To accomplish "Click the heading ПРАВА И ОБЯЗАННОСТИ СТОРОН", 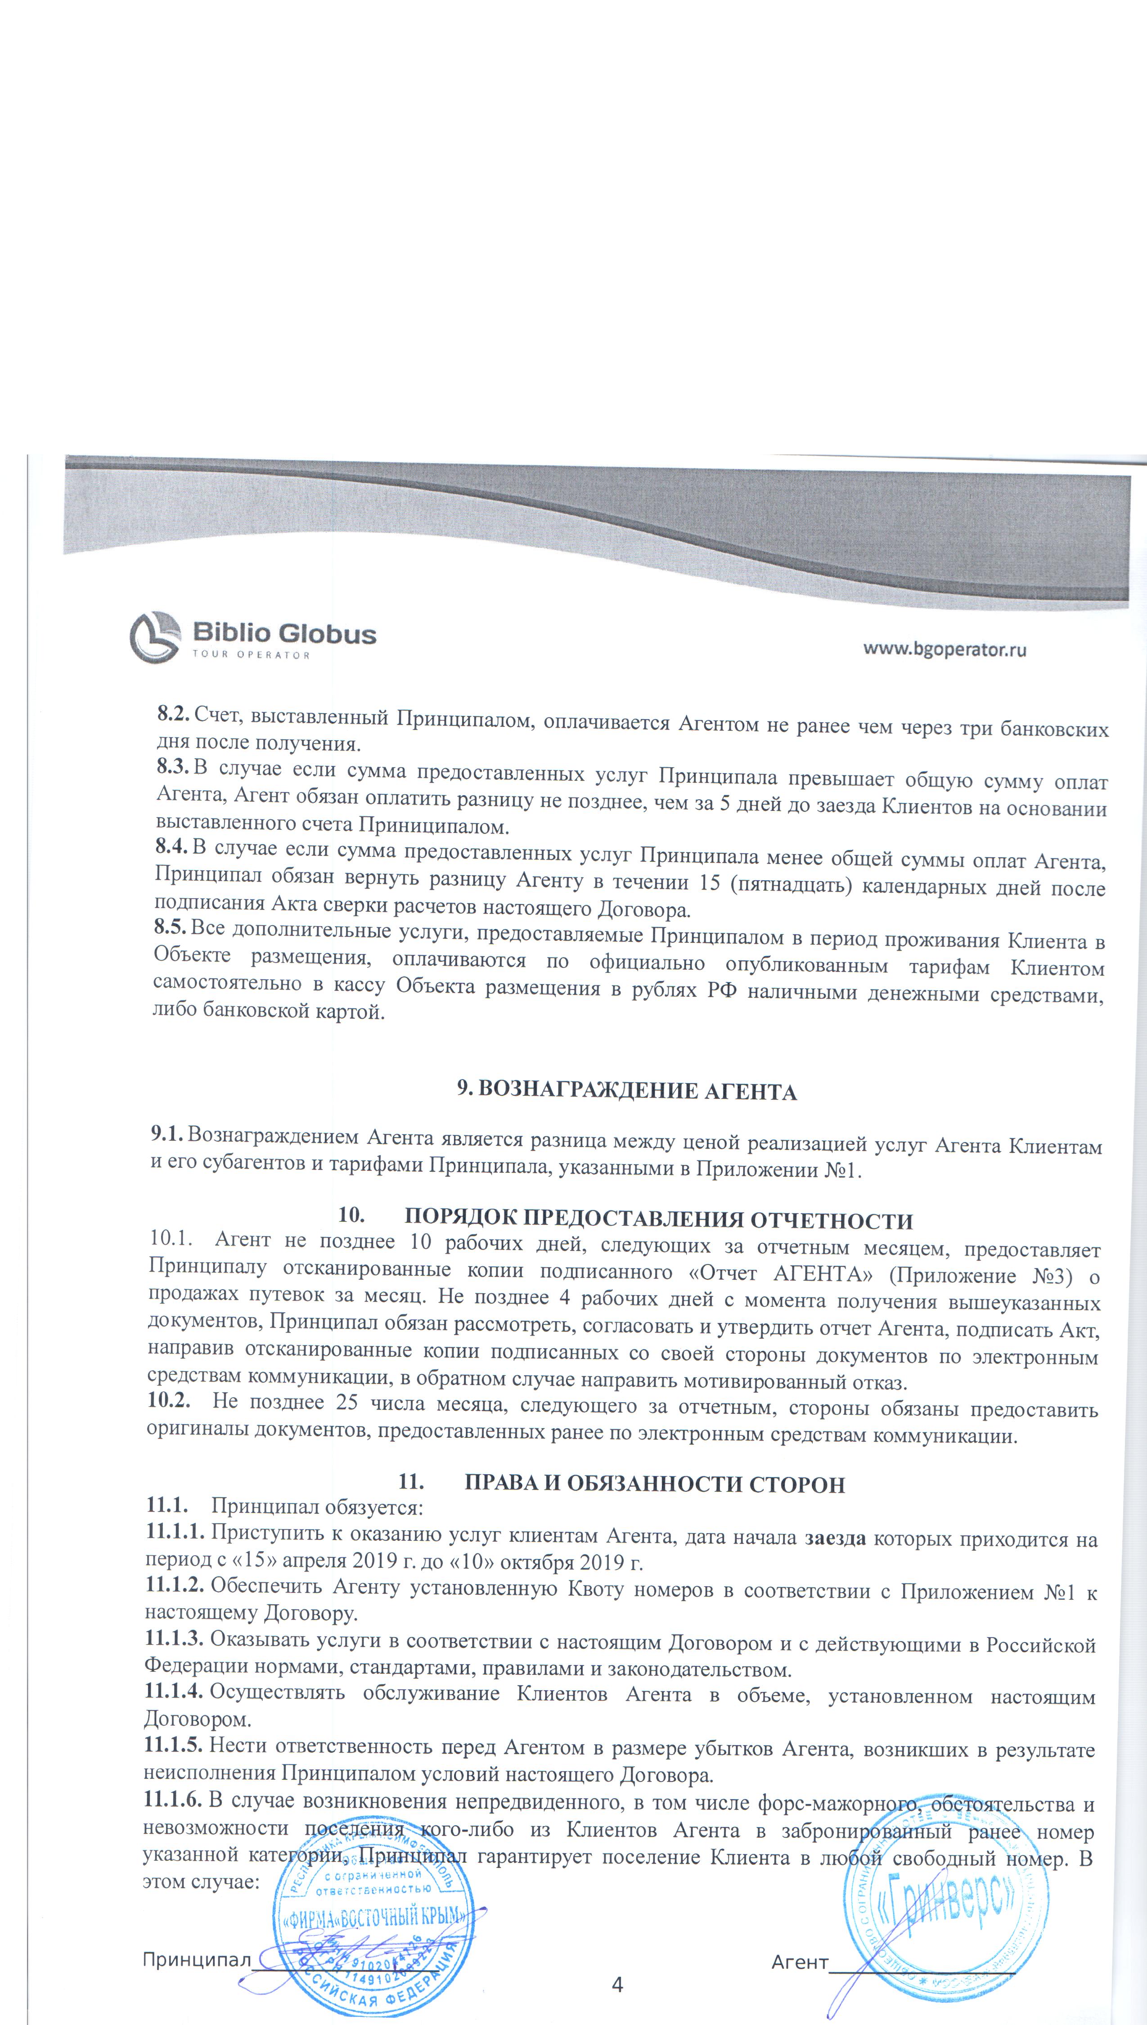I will click(x=654, y=1484).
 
